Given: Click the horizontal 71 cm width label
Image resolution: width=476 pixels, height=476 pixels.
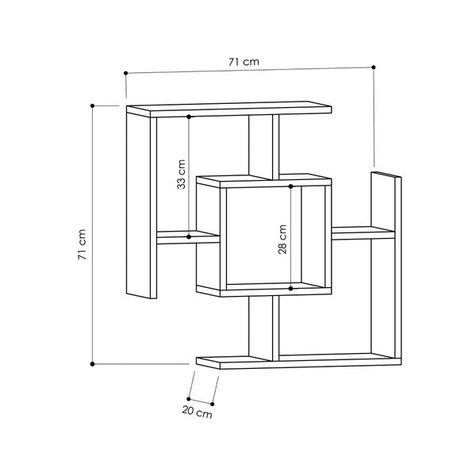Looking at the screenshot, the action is (244, 62).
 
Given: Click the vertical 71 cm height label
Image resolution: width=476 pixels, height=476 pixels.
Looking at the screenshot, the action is (82, 244).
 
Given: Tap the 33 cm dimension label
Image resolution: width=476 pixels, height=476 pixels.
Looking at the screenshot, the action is (181, 175).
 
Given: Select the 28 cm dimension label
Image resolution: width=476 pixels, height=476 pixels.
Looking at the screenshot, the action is (282, 240).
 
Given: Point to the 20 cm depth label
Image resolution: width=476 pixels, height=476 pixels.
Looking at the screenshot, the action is (197, 413).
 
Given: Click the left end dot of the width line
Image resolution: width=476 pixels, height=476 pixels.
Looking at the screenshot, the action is (125, 73).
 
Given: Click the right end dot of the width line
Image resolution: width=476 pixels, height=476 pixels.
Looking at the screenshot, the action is (374, 67).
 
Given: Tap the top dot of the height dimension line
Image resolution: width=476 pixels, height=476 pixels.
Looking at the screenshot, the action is (93, 106).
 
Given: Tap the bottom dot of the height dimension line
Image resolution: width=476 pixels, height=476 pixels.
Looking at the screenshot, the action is (93, 364).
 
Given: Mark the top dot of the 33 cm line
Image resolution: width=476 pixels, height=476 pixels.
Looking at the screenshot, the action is (189, 117).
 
